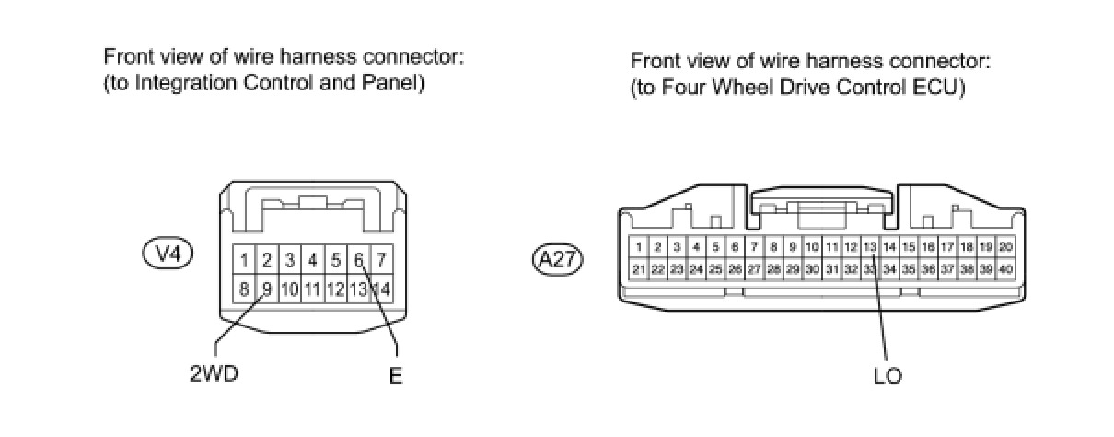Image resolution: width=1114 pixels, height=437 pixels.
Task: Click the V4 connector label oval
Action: (x=168, y=254)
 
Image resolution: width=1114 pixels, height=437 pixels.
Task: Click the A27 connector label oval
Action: (x=558, y=259)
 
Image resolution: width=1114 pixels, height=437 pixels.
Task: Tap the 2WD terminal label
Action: (x=214, y=375)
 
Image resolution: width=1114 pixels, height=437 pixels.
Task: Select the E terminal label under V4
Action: (x=396, y=376)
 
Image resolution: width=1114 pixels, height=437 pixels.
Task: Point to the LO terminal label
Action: (x=888, y=375)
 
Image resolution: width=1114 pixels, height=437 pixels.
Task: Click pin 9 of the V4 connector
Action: (x=267, y=289)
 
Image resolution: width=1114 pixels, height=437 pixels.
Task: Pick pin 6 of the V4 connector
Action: (x=359, y=260)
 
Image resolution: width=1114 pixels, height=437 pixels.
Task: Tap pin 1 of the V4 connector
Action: (x=244, y=260)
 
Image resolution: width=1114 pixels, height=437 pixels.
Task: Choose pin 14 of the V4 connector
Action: (x=382, y=289)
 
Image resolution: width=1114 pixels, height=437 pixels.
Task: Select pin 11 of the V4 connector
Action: (x=313, y=289)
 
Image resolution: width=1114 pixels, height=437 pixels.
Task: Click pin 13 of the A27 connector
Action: (x=870, y=247)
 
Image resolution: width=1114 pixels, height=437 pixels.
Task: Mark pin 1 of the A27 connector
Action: (x=638, y=247)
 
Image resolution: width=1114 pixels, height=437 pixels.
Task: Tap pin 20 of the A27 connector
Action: (x=1005, y=247)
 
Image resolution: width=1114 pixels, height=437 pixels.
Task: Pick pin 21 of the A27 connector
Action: (x=638, y=268)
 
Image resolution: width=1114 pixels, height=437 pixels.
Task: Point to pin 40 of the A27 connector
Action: (x=1005, y=268)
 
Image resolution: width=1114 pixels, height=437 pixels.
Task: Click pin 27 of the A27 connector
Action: (x=754, y=268)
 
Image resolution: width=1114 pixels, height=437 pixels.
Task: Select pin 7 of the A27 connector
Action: (x=754, y=247)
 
